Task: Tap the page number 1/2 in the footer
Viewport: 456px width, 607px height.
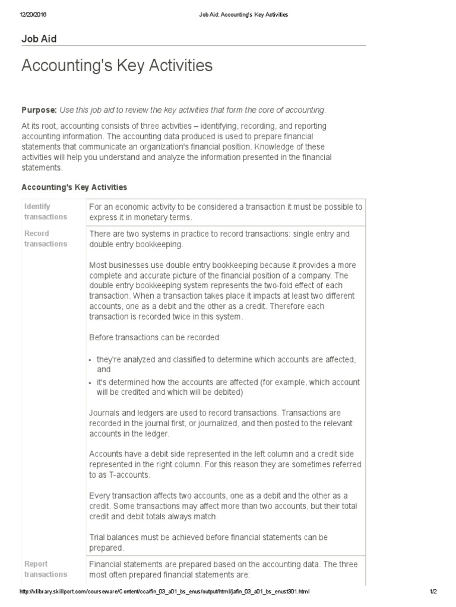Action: [433, 592]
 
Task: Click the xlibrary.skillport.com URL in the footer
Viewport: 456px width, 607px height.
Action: [164, 592]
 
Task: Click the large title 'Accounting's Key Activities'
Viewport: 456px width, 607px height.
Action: [117, 66]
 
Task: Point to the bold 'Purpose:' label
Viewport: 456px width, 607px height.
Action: [39, 110]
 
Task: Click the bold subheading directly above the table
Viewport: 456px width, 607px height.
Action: [74, 187]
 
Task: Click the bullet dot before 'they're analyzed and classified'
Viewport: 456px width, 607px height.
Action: [91, 360]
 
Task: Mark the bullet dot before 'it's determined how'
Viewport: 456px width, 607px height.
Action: [91, 383]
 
